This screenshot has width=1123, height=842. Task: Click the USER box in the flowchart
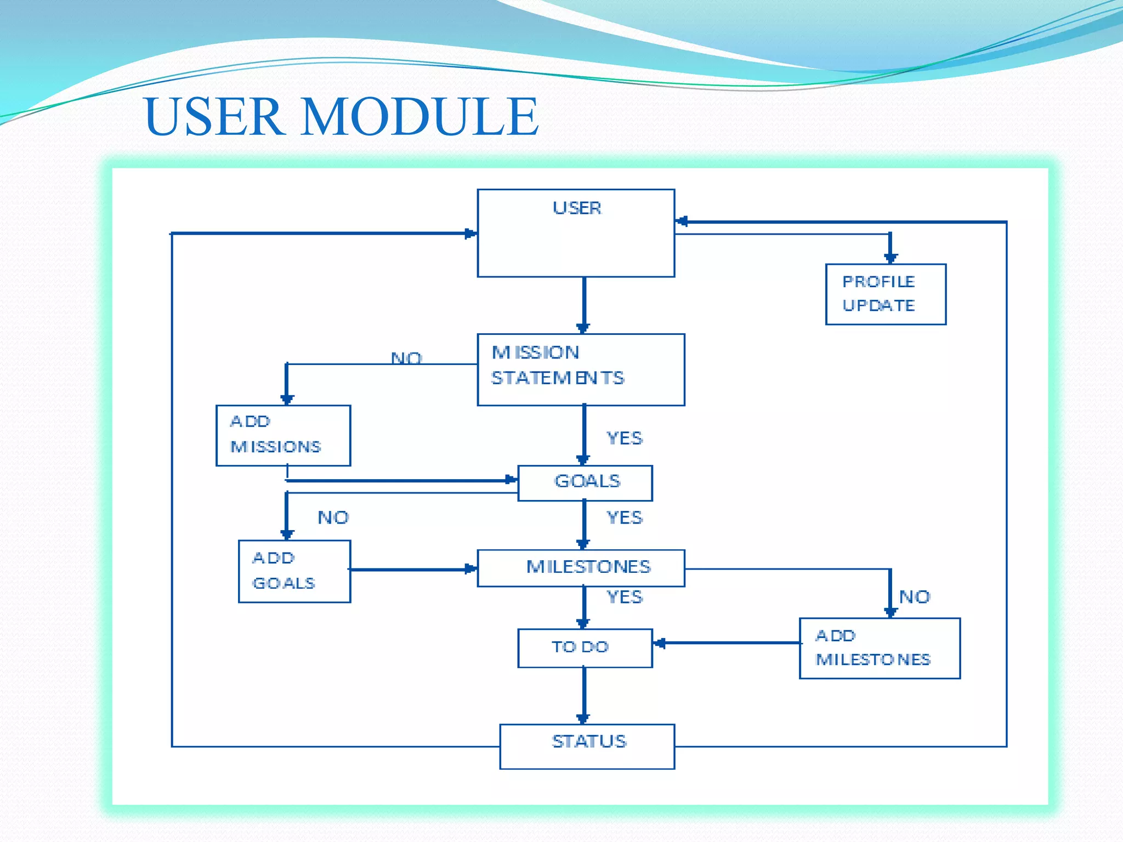click(576, 233)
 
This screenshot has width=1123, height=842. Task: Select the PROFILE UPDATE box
click(886, 294)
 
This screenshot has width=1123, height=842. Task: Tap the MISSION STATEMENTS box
click(581, 369)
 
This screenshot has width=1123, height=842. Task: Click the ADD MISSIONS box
click(283, 435)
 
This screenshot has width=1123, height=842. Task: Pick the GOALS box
click(585, 483)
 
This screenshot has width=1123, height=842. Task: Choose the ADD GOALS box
click(294, 571)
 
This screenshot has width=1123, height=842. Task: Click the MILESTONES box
click(581, 568)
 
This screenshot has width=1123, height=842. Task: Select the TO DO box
click(585, 648)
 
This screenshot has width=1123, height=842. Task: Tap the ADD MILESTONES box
click(880, 648)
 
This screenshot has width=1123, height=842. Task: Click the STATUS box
click(587, 746)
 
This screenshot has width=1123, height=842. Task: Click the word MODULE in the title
click(419, 116)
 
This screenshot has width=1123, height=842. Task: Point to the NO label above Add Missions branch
click(406, 358)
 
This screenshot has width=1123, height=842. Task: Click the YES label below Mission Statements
click(624, 438)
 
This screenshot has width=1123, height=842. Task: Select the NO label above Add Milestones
click(915, 596)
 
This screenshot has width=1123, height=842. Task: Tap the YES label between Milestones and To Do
click(624, 596)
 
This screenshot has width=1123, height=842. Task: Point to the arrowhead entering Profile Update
click(891, 257)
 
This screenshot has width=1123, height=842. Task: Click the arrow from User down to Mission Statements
click(584, 304)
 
